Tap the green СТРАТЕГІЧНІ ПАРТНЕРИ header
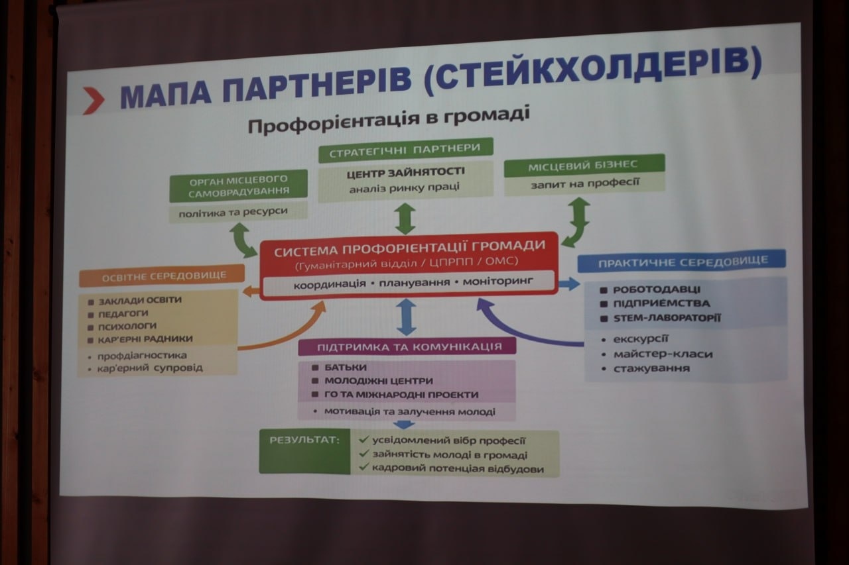point(405,150)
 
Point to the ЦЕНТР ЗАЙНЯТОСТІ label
point(405,172)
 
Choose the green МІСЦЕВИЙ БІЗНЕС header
point(584,164)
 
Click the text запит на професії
point(584,183)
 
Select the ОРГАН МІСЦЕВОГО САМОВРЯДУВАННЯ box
point(238,186)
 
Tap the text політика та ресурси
point(238,212)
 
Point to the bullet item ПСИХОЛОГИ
point(128,326)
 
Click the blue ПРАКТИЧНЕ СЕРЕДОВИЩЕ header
point(683,262)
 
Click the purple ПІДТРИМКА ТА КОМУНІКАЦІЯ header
point(408,347)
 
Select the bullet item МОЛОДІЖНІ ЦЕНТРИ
point(378,381)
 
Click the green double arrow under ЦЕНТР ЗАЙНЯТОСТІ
point(405,219)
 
